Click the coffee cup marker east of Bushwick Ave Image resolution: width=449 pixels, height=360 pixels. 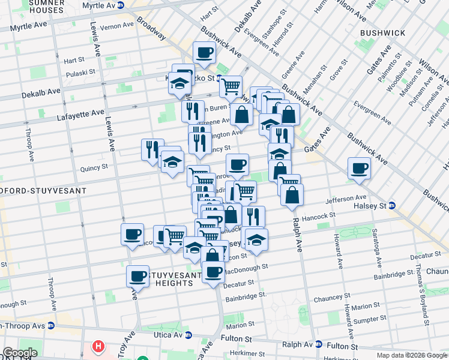point(359,168)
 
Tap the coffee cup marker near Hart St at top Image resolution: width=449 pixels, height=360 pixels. point(204,52)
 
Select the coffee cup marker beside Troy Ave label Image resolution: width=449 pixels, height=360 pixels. point(137,276)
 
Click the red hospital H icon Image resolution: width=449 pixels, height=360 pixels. point(97,347)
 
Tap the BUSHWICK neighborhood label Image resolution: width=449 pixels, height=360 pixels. point(383,32)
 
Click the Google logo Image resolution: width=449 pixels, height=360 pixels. point(20,353)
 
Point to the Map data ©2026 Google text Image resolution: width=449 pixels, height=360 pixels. point(411,355)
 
